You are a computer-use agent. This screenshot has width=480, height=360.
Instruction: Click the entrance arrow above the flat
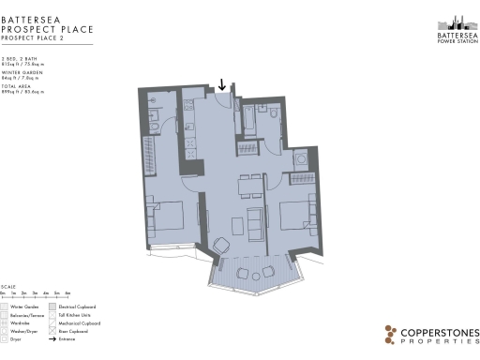click(221, 84)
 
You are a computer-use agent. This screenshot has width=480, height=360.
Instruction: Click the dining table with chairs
click(249, 185)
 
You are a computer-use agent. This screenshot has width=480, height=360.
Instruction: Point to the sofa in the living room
click(256, 221)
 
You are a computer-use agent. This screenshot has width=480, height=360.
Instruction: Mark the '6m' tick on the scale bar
click(67, 294)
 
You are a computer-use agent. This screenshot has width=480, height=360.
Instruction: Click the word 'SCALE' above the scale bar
click(7, 287)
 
